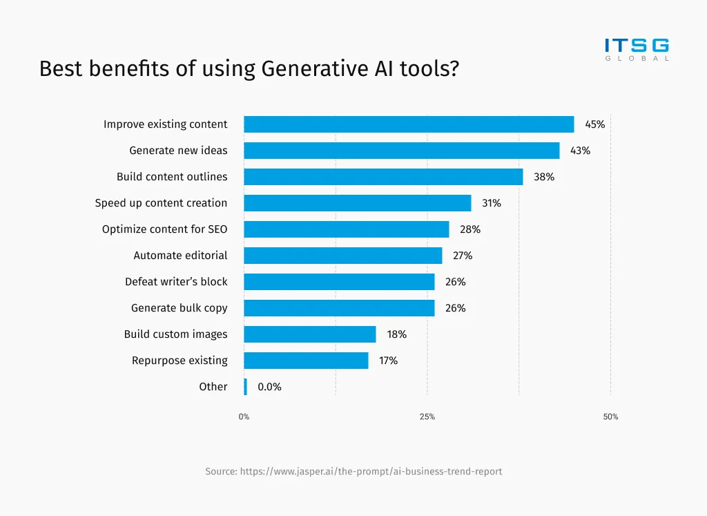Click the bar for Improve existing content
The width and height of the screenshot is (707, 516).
click(409, 124)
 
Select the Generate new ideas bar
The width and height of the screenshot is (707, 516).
click(401, 151)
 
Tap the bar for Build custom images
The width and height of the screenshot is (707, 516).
click(310, 334)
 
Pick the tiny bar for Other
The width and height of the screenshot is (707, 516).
click(245, 387)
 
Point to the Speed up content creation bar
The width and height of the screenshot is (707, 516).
click(357, 203)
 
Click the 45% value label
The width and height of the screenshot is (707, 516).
click(594, 124)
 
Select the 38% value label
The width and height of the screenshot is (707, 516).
click(543, 177)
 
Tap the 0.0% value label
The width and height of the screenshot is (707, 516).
click(269, 387)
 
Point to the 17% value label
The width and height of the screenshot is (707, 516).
click(388, 361)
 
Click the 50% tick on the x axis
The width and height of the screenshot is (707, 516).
click(610, 417)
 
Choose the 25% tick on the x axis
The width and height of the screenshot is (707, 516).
click(427, 417)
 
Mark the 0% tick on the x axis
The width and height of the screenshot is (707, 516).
click(244, 417)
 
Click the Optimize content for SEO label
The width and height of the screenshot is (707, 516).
click(164, 229)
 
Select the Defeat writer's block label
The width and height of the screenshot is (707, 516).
click(176, 282)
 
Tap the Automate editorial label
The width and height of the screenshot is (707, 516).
click(180, 256)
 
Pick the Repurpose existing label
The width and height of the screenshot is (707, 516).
click(180, 361)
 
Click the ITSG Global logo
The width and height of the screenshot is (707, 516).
click(637, 50)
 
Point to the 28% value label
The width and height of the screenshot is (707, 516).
click(470, 229)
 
